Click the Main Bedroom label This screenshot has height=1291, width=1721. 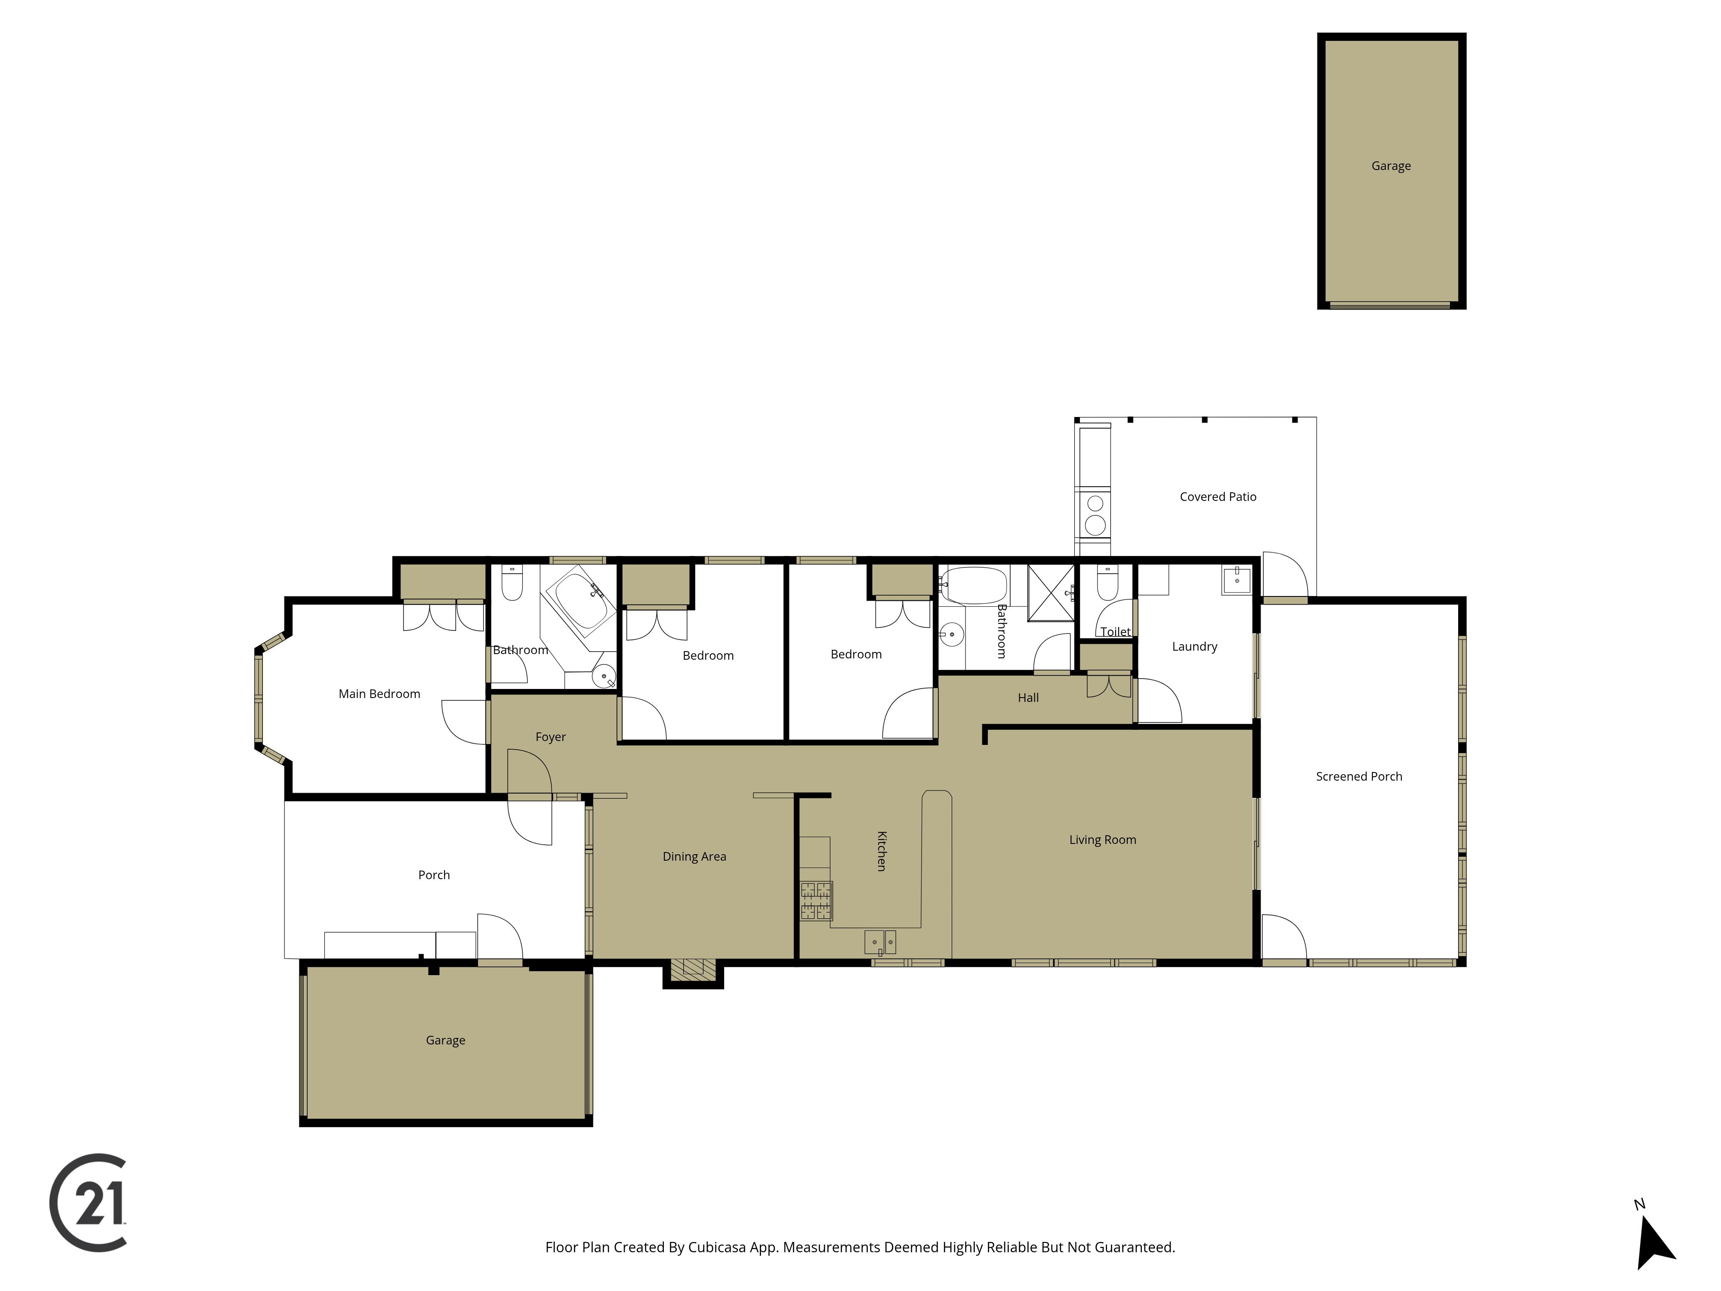tap(379, 693)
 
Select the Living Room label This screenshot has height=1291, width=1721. tap(1102, 840)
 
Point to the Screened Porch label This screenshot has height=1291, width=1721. tap(1359, 776)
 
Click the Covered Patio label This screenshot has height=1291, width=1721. tap(1218, 497)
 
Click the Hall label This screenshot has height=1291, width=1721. tap(1028, 697)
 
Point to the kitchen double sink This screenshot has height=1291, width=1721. tap(880, 942)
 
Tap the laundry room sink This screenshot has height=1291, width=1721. tap(1236, 581)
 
